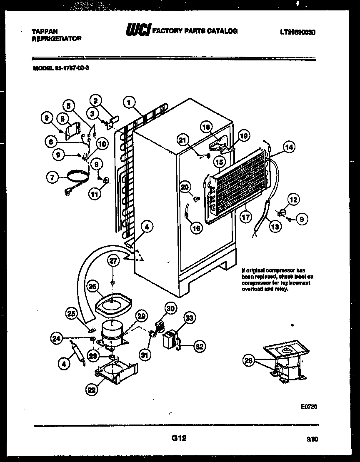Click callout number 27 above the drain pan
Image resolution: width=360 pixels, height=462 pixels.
pos(113,261)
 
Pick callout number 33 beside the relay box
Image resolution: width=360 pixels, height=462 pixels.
pos(189,319)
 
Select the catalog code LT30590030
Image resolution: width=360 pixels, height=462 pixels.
pos(298,31)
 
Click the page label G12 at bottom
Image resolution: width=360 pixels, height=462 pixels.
pos(178,438)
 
